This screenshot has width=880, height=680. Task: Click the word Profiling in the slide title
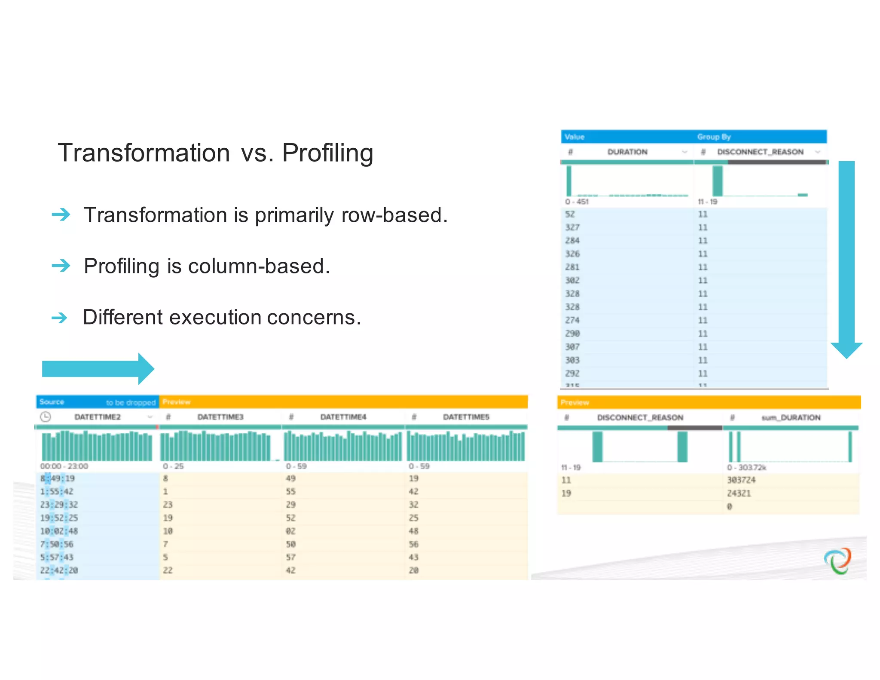(x=327, y=153)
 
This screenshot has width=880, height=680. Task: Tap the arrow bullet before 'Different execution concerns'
(x=59, y=318)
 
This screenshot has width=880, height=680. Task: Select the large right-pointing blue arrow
(x=98, y=369)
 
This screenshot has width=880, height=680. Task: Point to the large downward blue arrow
(x=846, y=258)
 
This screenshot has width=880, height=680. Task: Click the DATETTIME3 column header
(x=220, y=417)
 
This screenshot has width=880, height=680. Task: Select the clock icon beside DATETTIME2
(x=46, y=417)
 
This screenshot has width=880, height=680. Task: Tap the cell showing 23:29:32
(x=59, y=505)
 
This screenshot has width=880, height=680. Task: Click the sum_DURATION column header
(x=791, y=417)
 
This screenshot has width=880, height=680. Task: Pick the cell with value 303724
(x=741, y=480)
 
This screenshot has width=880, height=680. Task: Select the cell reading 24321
(x=739, y=493)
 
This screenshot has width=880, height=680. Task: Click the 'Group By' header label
(x=714, y=137)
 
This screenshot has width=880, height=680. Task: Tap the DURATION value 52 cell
(x=570, y=214)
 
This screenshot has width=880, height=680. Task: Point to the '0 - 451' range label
(x=577, y=202)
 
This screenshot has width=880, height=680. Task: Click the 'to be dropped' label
(x=131, y=402)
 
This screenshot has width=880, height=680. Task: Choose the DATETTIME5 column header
(x=466, y=417)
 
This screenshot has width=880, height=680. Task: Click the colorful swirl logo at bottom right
(x=837, y=561)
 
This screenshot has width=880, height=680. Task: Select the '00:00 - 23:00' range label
(x=64, y=466)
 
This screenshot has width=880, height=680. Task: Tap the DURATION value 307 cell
(x=572, y=347)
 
